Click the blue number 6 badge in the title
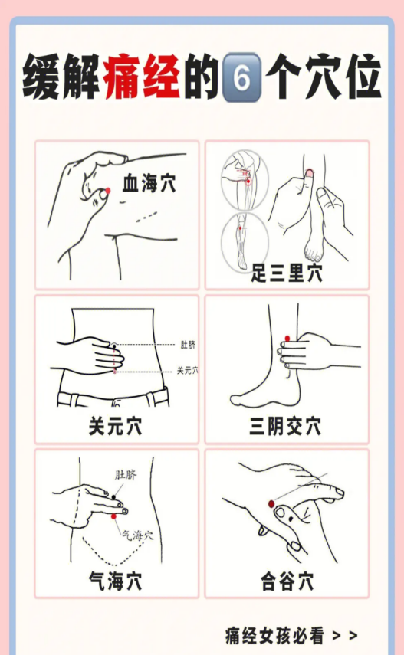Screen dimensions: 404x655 pyautogui.click(x=242, y=77)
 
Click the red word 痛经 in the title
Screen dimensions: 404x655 pyautogui.click(x=143, y=77)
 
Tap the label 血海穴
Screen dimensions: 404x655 pyautogui.click(x=149, y=183)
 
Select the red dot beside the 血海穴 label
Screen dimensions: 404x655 pyautogui.click(x=108, y=191)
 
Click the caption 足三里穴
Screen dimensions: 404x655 pyautogui.click(x=287, y=273)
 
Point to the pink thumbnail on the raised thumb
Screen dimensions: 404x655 pyautogui.click(x=310, y=172)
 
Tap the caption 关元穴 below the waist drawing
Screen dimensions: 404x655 pyautogui.click(x=116, y=426)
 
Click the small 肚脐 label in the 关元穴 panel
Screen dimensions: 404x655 pyautogui.click(x=188, y=345)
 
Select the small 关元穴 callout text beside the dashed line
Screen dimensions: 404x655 pyautogui.click(x=187, y=370)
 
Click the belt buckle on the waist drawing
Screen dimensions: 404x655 pyautogui.click(x=117, y=402)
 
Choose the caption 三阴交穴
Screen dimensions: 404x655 pyautogui.click(x=286, y=426)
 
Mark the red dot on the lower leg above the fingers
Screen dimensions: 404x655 pyautogui.click(x=287, y=339)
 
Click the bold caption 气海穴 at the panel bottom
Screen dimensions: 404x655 pyautogui.click(x=116, y=581)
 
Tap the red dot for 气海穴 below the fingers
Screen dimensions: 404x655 pyautogui.click(x=113, y=517)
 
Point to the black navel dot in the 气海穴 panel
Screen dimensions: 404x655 pyautogui.click(x=113, y=497)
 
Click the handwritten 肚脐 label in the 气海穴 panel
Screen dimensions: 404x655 pyautogui.click(x=126, y=475)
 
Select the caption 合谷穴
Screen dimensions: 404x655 pyautogui.click(x=287, y=581)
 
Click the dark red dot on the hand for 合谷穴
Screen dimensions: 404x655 pyautogui.click(x=271, y=504)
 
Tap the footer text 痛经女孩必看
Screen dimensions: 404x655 pyautogui.click(x=274, y=636)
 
